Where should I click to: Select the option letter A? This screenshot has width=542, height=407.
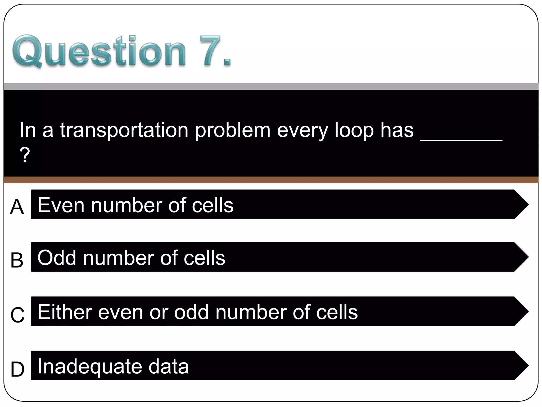17,207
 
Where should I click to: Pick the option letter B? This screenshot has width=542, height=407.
17,260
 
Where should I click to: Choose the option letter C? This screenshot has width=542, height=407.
17,315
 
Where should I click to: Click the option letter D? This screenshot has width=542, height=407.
17,369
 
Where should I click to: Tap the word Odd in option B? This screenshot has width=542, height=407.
57,258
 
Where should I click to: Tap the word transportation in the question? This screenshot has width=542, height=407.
124,130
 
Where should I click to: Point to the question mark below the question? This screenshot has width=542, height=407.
25,155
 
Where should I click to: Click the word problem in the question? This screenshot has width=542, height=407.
233,131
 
